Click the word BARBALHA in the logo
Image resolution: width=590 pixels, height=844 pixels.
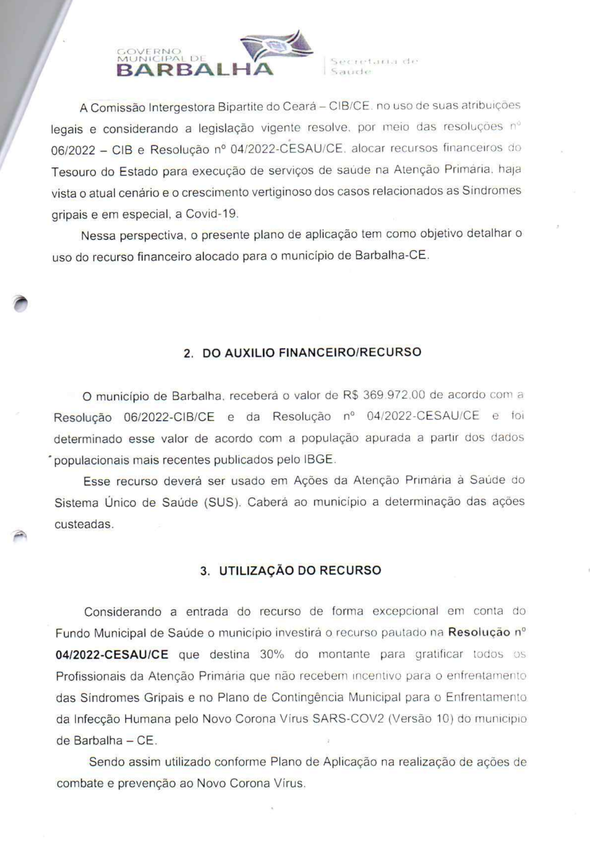[x=195, y=70]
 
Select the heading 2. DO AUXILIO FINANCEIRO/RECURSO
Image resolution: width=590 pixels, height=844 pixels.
[x=302, y=352]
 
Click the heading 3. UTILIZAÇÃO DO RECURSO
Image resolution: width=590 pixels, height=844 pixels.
[x=290, y=571]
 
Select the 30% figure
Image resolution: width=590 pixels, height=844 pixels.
[x=272, y=655]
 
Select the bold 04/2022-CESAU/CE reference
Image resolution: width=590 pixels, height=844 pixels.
[x=112, y=655]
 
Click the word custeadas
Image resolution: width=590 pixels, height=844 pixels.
[x=83, y=525]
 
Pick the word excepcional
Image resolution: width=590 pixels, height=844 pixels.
[x=405, y=611]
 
